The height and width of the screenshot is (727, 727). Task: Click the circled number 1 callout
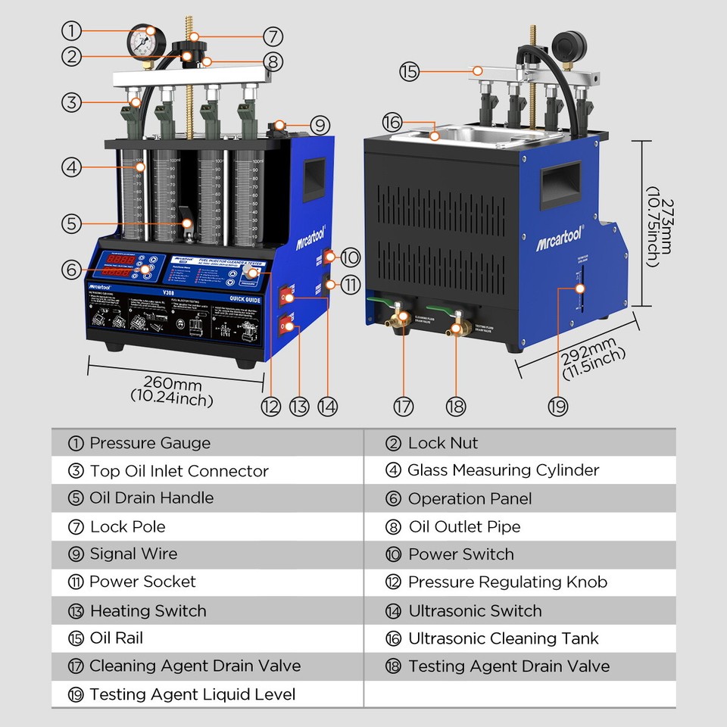(71, 31)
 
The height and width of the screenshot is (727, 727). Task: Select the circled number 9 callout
(320, 124)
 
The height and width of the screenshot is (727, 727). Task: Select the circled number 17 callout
(404, 406)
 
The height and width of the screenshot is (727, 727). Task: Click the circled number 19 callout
(558, 406)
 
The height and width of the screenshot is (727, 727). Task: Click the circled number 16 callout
(392, 122)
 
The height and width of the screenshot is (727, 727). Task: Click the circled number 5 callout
(71, 223)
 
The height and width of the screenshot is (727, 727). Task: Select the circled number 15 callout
(409, 72)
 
